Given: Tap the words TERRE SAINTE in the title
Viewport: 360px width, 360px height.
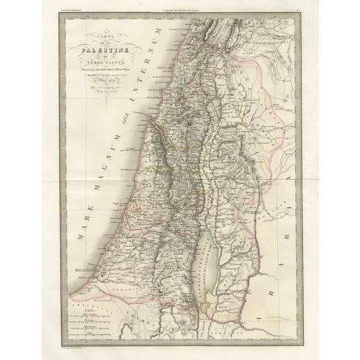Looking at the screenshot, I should click(105, 62).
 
